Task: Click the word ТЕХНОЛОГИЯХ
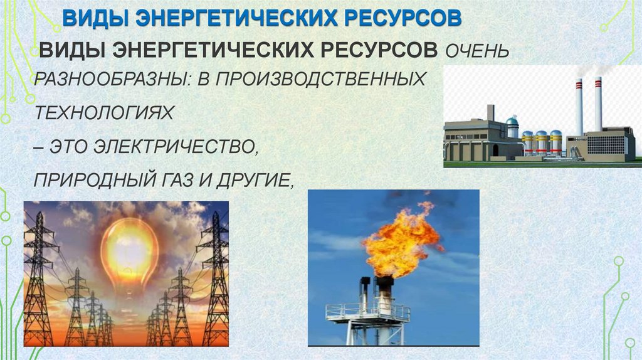coord(103,114)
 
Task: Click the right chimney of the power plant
coord(598,103)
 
